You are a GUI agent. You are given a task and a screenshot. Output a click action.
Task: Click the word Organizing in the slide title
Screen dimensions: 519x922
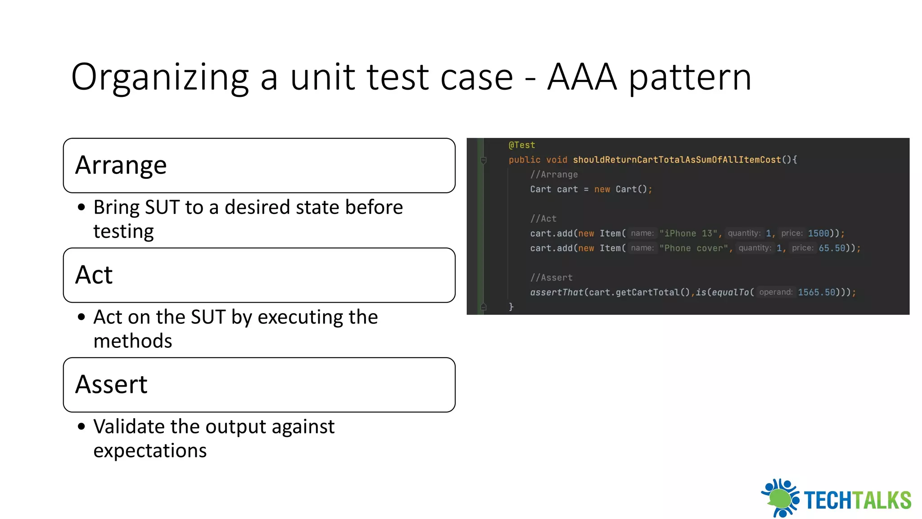click(x=160, y=77)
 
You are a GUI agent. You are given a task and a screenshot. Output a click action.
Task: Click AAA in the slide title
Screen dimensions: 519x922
click(x=582, y=77)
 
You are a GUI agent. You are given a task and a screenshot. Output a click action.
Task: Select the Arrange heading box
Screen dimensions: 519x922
click(x=259, y=165)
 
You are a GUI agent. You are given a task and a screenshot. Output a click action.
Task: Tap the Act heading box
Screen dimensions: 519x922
click(x=259, y=275)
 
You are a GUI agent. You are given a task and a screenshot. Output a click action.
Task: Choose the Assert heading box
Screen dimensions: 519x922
click(x=259, y=385)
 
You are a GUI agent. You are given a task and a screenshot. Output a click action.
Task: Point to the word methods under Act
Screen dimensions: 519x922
click(x=133, y=341)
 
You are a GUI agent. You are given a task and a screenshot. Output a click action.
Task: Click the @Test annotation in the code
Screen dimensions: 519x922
click(x=522, y=145)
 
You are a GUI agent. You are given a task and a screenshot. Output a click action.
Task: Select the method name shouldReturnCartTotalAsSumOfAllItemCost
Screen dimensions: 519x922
click(x=677, y=160)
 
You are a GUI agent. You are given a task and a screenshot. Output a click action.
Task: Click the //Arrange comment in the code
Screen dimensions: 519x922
click(x=554, y=175)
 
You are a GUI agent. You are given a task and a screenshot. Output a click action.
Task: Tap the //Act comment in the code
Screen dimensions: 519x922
click(x=543, y=219)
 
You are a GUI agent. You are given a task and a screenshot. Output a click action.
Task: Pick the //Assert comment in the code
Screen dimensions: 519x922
click(x=551, y=278)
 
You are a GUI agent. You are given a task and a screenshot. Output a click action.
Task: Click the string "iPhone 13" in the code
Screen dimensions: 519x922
click(x=688, y=233)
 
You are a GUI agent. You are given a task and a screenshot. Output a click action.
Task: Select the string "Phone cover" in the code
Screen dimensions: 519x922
click(x=693, y=248)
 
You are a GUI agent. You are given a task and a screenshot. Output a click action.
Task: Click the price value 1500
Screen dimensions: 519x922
click(x=818, y=233)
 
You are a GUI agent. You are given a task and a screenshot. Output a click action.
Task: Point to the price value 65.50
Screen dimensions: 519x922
click(x=832, y=248)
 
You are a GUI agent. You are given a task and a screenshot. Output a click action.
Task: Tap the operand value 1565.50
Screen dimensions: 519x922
click(x=816, y=292)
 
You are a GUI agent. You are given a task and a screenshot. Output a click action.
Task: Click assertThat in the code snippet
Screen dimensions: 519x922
click(x=556, y=292)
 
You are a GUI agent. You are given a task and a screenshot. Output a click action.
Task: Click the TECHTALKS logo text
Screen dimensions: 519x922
click(x=857, y=500)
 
